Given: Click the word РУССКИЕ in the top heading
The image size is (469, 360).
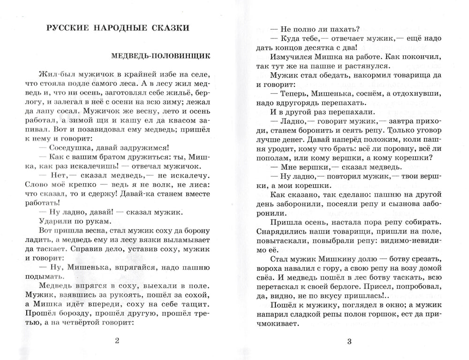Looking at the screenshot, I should pyautogui.click(x=69, y=28).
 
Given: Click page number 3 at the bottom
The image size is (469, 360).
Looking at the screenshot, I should pyautogui.click(x=349, y=341).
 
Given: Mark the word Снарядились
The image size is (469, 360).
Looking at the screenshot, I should pyautogui.click(x=284, y=233).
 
